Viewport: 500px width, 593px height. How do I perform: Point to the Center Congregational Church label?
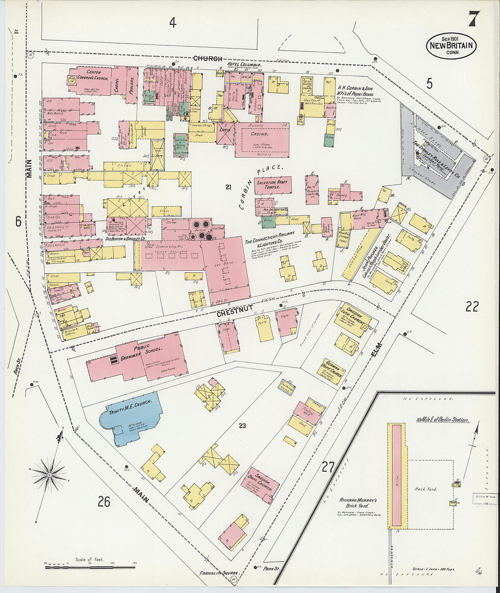(x=89, y=75)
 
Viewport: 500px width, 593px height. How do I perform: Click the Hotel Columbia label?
(x=244, y=65)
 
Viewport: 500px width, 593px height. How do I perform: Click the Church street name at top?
(x=208, y=59)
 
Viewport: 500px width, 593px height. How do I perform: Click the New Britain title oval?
(x=451, y=45)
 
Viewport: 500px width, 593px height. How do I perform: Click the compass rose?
(x=50, y=474)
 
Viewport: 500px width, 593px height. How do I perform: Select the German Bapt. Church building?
(x=330, y=370)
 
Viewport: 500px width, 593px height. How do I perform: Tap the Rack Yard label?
(x=425, y=489)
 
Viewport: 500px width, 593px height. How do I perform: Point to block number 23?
(x=242, y=426)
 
